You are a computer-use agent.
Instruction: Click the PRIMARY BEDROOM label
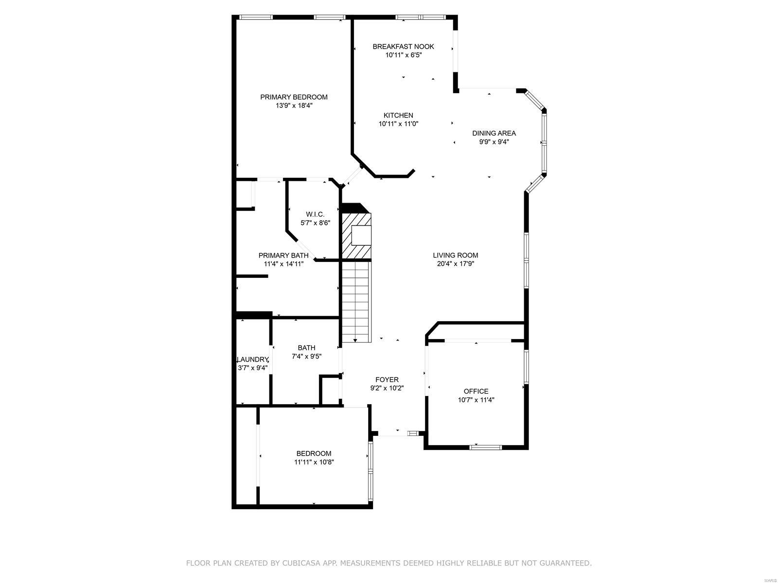294,97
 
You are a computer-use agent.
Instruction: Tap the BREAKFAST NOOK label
403,47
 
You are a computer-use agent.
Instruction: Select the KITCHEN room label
398,116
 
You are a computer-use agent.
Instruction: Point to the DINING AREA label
494,133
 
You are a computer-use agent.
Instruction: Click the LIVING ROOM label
456,256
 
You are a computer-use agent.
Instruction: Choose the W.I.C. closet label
315,214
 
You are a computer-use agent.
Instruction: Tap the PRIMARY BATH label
283,256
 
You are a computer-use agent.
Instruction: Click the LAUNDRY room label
252,360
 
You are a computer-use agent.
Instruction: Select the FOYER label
387,380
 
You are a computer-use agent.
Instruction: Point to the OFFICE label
476,392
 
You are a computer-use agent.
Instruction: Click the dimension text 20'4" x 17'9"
456,264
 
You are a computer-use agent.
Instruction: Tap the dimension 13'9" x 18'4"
294,105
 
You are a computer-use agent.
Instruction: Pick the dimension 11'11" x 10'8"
314,462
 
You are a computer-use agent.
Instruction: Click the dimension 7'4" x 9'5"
306,356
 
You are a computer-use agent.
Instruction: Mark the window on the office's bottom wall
485,446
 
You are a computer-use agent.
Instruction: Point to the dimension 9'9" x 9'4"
494,142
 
